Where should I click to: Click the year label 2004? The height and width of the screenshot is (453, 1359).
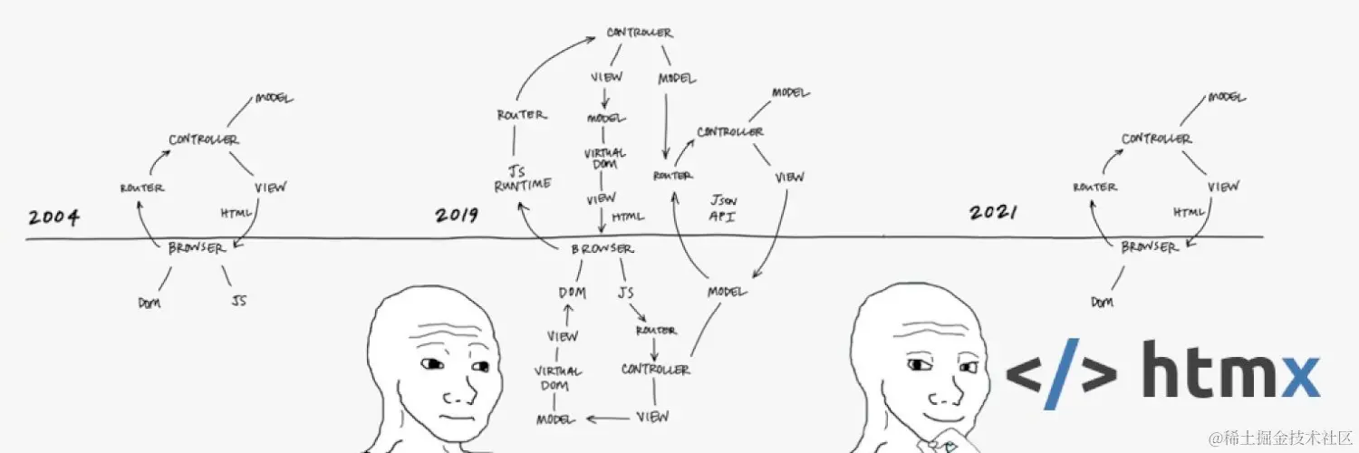click(x=53, y=217)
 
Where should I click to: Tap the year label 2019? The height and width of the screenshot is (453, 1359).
click(x=457, y=216)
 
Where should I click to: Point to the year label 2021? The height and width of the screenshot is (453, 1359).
click(x=993, y=213)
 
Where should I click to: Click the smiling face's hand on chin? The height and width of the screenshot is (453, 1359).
click(x=938, y=442)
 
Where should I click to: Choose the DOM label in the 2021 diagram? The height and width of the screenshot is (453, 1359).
click(x=1102, y=302)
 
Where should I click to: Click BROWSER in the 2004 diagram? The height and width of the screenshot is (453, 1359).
click(x=196, y=248)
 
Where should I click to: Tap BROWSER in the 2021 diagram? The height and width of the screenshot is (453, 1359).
click(x=1149, y=246)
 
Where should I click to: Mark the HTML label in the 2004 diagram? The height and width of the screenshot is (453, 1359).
click(x=236, y=213)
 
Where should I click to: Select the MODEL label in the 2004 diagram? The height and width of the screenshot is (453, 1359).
click(x=275, y=98)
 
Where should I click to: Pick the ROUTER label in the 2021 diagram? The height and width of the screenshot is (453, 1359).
click(x=1094, y=187)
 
